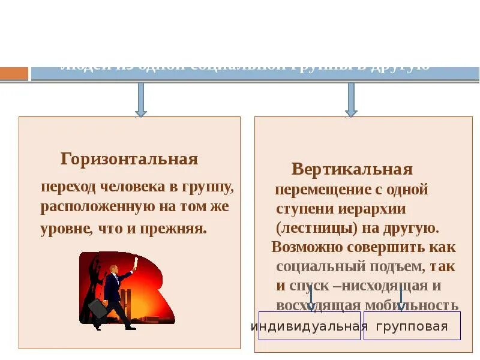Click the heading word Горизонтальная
(129, 159)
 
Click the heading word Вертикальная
(352, 169)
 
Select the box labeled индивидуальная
(309, 326)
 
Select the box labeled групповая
(412, 326)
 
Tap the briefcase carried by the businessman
(98, 308)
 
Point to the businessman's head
(114, 269)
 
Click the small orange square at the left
(14, 73)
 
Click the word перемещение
(316, 190)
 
